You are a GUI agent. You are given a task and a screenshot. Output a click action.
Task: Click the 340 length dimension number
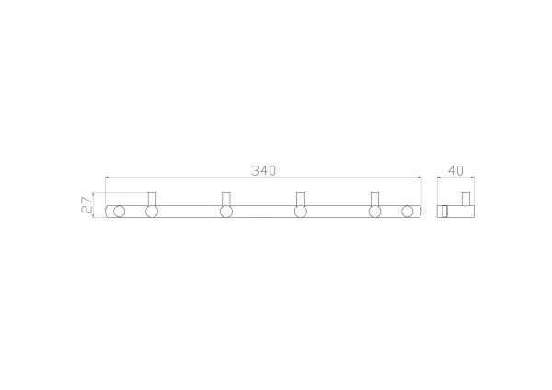(x=264, y=170)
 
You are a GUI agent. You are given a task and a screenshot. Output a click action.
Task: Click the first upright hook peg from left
(x=153, y=198)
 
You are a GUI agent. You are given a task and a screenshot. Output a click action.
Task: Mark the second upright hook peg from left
(x=226, y=198)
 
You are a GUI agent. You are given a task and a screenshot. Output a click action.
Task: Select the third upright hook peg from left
(x=301, y=198)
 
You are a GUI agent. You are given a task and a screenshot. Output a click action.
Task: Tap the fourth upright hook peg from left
(x=375, y=198)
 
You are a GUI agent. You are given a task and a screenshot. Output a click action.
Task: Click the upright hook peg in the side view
(x=466, y=199)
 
